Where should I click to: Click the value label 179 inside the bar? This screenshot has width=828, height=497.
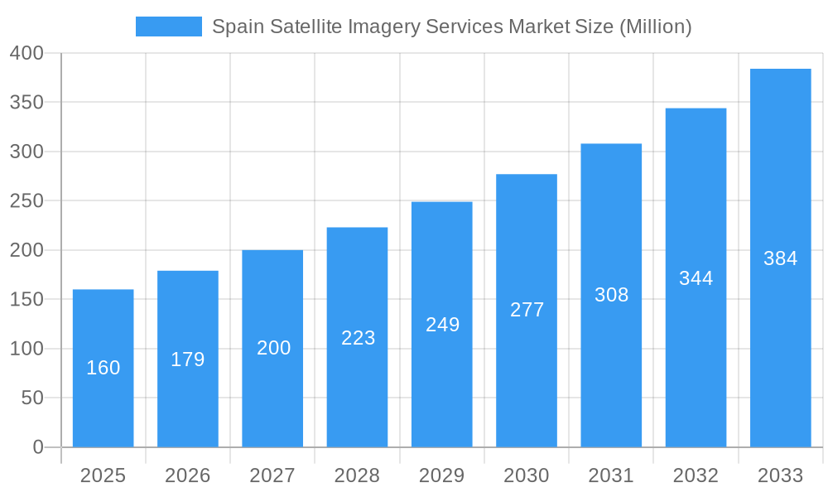(188, 359)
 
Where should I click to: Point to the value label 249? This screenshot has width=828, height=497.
(442, 325)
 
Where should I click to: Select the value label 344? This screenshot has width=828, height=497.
(696, 278)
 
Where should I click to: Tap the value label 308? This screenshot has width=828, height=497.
(611, 295)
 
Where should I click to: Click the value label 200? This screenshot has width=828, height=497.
(273, 348)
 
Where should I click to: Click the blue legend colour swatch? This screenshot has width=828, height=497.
(168, 27)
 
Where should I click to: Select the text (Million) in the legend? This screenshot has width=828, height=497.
(655, 27)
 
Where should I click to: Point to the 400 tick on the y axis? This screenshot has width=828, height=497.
(26, 53)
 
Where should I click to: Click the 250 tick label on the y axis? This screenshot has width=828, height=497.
(26, 201)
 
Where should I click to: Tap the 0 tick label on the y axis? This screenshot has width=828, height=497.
(38, 447)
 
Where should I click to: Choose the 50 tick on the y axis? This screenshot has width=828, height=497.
(32, 398)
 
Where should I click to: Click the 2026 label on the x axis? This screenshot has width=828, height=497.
(188, 475)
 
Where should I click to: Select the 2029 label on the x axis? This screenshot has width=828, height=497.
(442, 475)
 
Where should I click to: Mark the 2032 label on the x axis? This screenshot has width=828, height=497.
(696, 475)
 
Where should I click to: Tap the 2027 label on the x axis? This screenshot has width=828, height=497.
(272, 475)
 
